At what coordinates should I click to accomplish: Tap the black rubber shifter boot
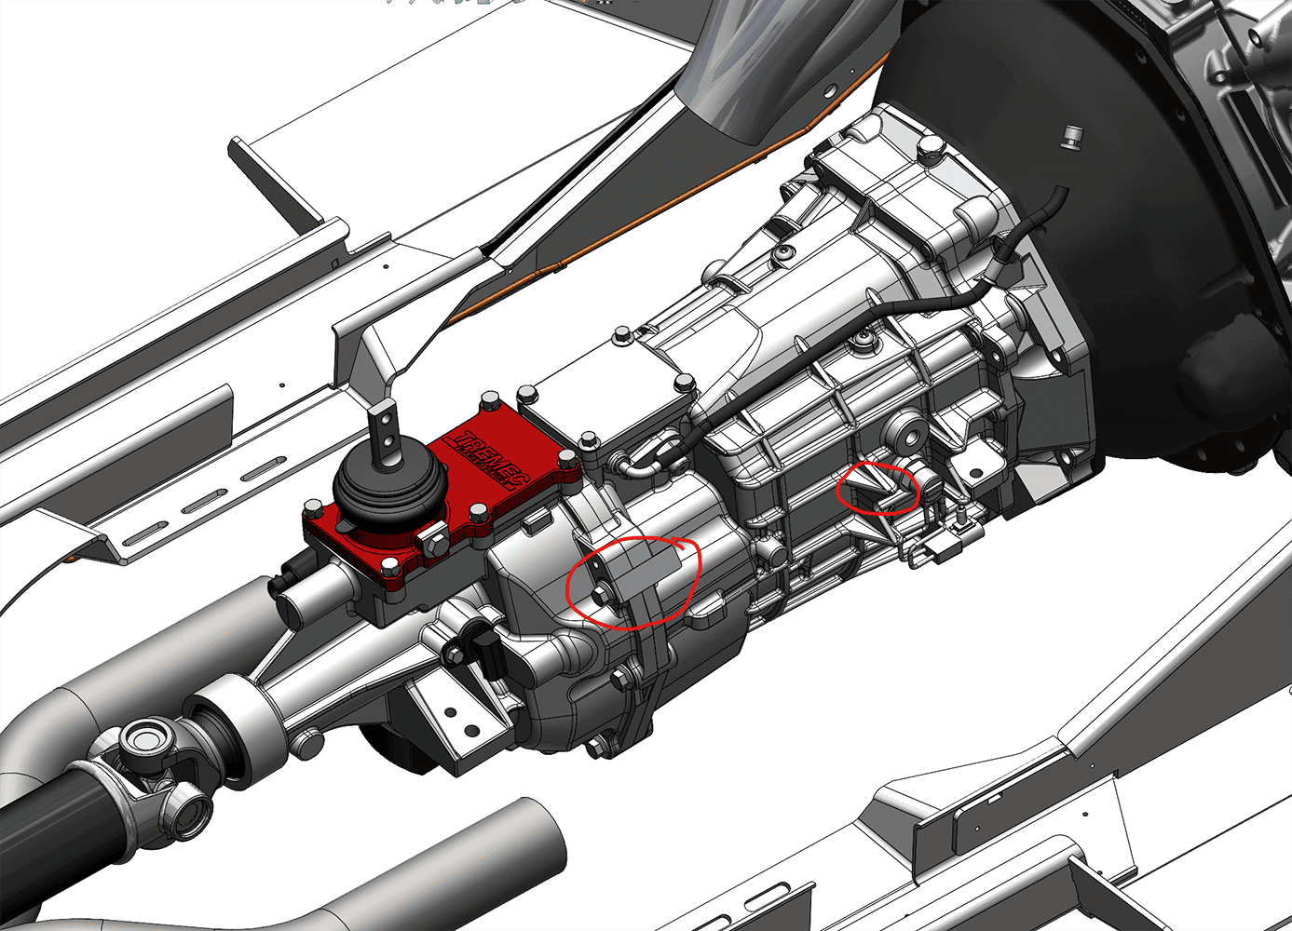point(384,492)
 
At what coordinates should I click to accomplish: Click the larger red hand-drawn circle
point(633,583)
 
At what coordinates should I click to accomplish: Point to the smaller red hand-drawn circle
point(879,488)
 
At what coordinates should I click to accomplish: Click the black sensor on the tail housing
point(486,651)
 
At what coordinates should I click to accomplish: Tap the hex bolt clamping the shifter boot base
point(436,542)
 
